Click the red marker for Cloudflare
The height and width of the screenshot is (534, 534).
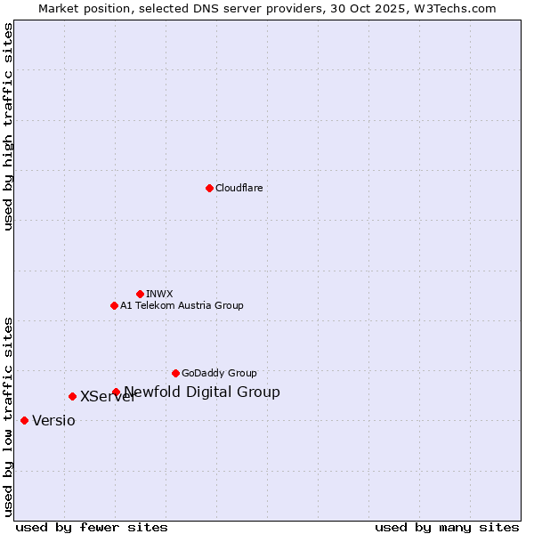tap(209, 188)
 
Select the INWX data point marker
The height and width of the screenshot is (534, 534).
tap(140, 294)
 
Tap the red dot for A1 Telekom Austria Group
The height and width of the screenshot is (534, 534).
tap(114, 305)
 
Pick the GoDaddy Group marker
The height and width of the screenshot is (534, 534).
tap(175, 373)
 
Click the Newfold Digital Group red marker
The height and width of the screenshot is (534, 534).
tap(116, 392)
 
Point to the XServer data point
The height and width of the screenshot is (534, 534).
tap(72, 396)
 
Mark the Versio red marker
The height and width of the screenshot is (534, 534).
tap(24, 420)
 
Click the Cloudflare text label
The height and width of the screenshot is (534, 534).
tap(239, 188)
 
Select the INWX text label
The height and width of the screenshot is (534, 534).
tap(159, 294)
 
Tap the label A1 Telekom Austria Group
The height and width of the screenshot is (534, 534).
tap(182, 305)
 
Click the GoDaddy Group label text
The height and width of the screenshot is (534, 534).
tap(219, 373)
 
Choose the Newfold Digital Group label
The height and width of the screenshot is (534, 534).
tap(202, 392)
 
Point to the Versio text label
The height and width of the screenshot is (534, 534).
tap(53, 421)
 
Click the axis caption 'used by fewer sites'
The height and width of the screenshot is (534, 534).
tap(92, 527)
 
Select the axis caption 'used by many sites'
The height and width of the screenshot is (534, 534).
tap(447, 527)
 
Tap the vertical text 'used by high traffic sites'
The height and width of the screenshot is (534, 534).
tap(8, 126)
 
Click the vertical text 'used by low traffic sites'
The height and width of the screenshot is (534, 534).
tap(8, 416)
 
